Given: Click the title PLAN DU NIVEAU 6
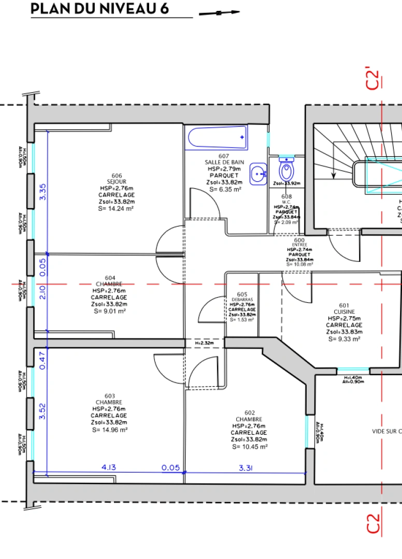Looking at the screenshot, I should [x=99, y=9].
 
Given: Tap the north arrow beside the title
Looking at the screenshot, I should [x=220, y=12].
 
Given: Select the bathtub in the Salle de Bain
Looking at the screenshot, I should [x=217, y=138].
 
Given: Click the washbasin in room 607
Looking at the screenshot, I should [x=258, y=174].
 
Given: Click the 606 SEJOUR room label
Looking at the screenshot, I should [x=117, y=179].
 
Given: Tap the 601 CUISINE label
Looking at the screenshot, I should [x=344, y=308].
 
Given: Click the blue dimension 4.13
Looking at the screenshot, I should [x=108, y=467].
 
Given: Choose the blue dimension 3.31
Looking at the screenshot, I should [x=246, y=467].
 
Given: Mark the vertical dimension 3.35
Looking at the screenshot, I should [x=42, y=192].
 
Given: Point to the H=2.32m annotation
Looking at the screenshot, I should [x=205, y=343].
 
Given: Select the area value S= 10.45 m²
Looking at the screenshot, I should [x=250, y=446].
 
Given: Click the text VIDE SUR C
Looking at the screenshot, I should [x=386, y=431].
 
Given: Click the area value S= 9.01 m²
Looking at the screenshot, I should [x=109, y=311].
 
